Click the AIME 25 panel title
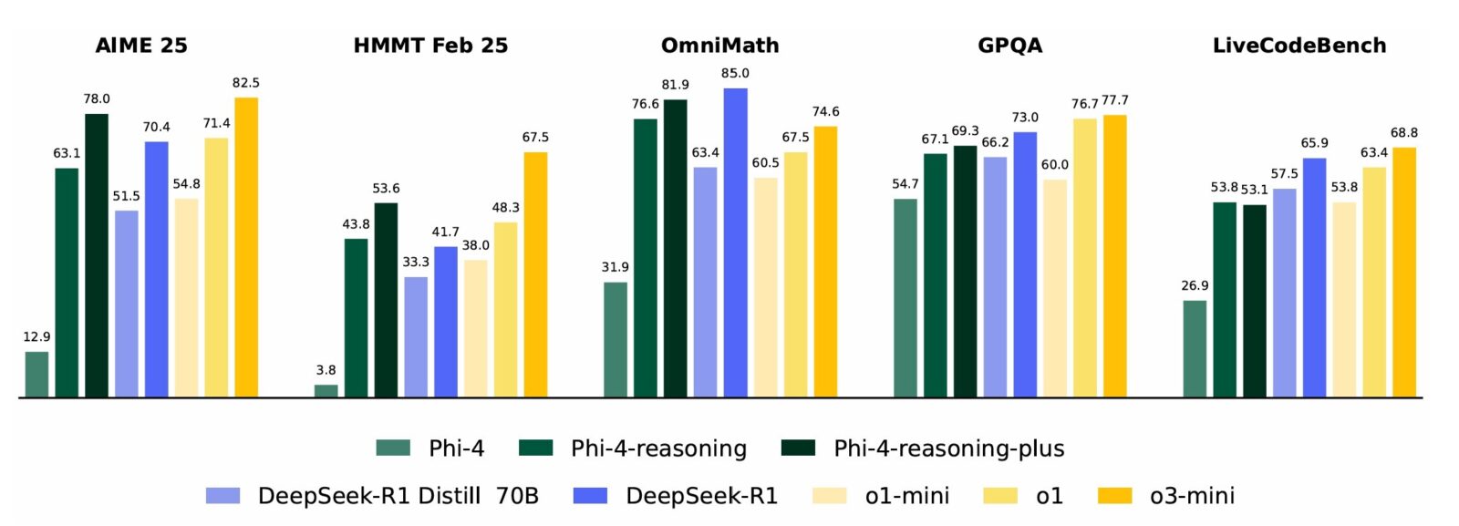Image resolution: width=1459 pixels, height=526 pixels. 141,46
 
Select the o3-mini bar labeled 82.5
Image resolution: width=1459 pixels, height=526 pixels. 246,247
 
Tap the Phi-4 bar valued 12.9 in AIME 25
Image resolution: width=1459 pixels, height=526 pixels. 36,375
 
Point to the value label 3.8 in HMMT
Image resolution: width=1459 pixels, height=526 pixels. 326,370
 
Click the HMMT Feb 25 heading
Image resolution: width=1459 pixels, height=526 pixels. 430,46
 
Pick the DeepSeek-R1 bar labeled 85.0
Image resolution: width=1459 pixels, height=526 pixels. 735,242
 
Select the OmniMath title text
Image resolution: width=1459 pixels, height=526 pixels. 719,46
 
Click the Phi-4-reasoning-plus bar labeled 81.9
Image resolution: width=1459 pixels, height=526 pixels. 675,248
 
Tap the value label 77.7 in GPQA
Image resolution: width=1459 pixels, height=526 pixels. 1114,100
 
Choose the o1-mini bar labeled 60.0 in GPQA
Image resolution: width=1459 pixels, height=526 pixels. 1054,288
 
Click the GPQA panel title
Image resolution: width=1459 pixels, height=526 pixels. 1009,46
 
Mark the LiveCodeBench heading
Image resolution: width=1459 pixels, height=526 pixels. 1299,46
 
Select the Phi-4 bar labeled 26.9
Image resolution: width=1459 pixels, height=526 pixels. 1195,349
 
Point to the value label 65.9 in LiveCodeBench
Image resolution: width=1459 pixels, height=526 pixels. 1314,143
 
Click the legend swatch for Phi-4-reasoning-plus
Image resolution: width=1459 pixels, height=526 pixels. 798,448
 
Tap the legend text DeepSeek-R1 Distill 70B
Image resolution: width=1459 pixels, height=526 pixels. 398,496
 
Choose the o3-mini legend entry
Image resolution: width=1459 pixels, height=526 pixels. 1192,496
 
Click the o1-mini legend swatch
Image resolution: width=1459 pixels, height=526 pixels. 829,496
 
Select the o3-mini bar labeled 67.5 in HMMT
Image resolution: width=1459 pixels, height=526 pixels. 535,274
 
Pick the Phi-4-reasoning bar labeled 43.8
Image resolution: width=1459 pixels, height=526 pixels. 356,318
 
